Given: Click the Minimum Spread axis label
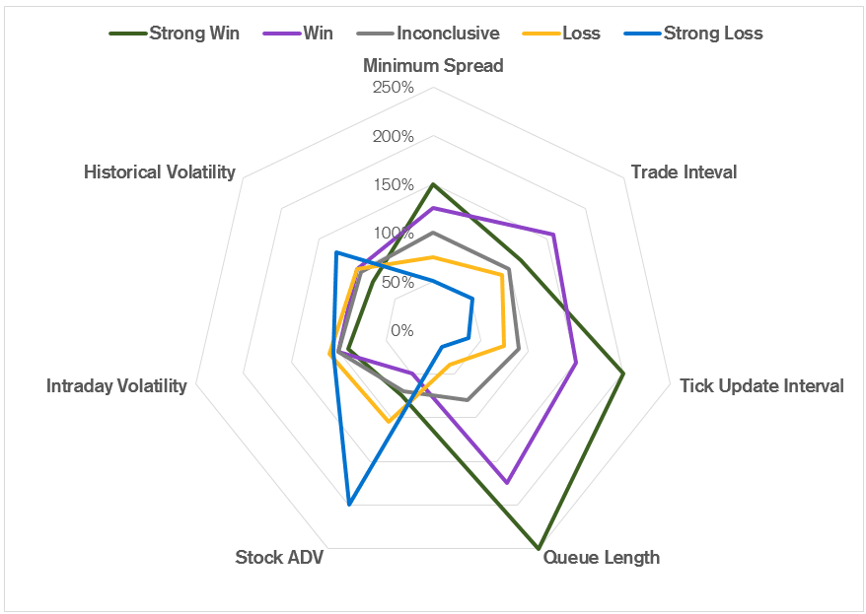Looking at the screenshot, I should pos(433,66).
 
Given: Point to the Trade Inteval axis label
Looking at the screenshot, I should pos(684,172).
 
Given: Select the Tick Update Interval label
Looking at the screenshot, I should pos(761,386).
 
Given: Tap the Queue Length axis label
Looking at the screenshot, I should pos(602,558).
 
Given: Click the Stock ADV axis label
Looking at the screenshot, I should pos(279,558).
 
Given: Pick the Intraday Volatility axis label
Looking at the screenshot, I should pos(116,386).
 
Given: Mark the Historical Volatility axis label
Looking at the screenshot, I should pos(160,172).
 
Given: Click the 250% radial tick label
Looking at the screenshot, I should pos(394,88).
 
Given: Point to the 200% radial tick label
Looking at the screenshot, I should pos(394,136).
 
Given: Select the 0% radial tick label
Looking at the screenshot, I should pos(402,330).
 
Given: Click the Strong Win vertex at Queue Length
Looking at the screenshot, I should pos(539,548).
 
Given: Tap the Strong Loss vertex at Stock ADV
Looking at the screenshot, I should pos(349,506).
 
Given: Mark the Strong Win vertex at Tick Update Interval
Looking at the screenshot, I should pos(623,373).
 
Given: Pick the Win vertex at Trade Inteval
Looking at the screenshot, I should pos(553,235).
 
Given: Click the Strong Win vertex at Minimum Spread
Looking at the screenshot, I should pos(433,184).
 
